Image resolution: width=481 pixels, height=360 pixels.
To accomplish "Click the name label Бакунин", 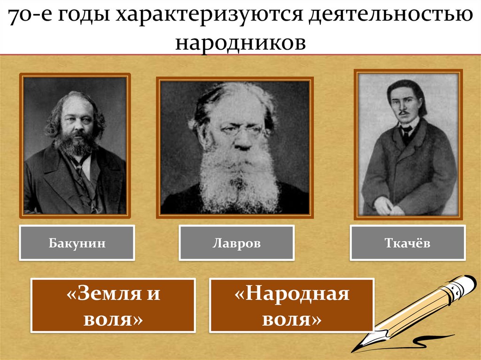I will point(77,243).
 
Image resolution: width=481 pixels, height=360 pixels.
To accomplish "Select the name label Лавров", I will point(236,243).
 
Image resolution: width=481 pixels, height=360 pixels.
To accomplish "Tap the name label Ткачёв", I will point(407,243).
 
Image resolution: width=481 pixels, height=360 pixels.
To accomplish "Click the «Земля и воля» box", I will point(113,305).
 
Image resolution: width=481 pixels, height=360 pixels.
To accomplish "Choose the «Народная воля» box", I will point(292,305).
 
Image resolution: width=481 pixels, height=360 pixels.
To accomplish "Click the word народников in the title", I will point(240,43).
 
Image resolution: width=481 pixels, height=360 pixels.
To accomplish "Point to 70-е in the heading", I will point(29,16).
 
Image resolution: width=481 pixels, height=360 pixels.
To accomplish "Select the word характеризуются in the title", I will point(208,16).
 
